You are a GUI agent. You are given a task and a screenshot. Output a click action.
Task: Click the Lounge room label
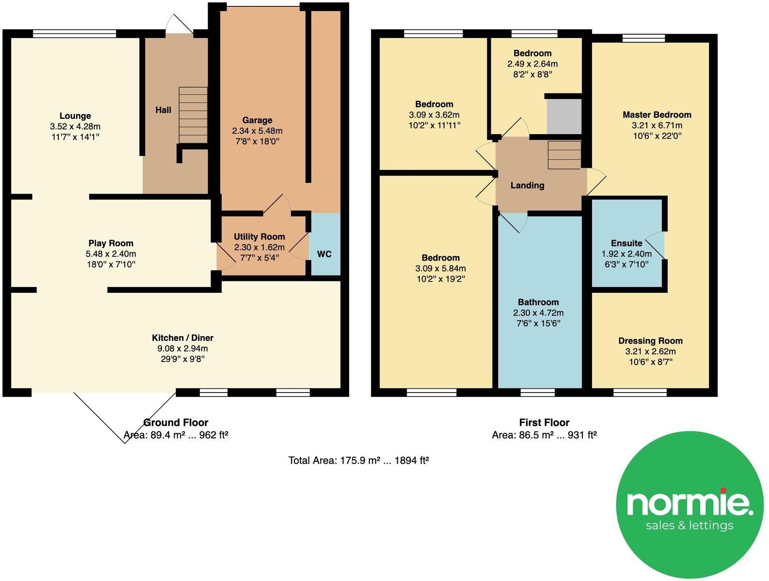(x=75, y=116)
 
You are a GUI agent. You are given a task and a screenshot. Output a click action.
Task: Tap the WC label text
(x=324, y=254)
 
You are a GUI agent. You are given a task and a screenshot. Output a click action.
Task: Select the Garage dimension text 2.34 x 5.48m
(x=257, y=131)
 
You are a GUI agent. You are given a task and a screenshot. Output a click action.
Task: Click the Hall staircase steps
(x=193, y=115)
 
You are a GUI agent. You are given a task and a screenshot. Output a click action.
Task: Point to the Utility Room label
(x=259, y=237)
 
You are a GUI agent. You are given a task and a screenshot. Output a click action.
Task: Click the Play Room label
(x=111, y=243)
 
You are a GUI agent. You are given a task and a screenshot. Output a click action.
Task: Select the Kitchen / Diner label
(x=183, y=338)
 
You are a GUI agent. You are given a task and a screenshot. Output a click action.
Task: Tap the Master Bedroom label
(x=657, y=115)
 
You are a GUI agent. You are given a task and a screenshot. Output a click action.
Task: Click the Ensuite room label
(x=626, y=243)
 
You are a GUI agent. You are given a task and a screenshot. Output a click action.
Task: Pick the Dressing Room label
(x=650, y=341)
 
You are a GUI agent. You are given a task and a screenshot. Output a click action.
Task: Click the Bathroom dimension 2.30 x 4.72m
(x=538, y=313)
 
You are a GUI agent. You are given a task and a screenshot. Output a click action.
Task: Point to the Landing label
(x=527, y=185)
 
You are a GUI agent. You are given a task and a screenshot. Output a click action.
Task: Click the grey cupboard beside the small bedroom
(x=564, y=116)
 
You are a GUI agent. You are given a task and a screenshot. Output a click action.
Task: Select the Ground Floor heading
(x=176, y=423)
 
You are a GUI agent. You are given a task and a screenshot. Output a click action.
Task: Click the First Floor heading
(x=544, y=423)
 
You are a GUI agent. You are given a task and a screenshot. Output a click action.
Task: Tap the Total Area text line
(x=358, y=460)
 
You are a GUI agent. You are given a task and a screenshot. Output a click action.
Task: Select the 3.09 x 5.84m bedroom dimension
(x=440, y=269)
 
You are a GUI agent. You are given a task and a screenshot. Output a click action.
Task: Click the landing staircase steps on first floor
(x=564, y=155)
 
